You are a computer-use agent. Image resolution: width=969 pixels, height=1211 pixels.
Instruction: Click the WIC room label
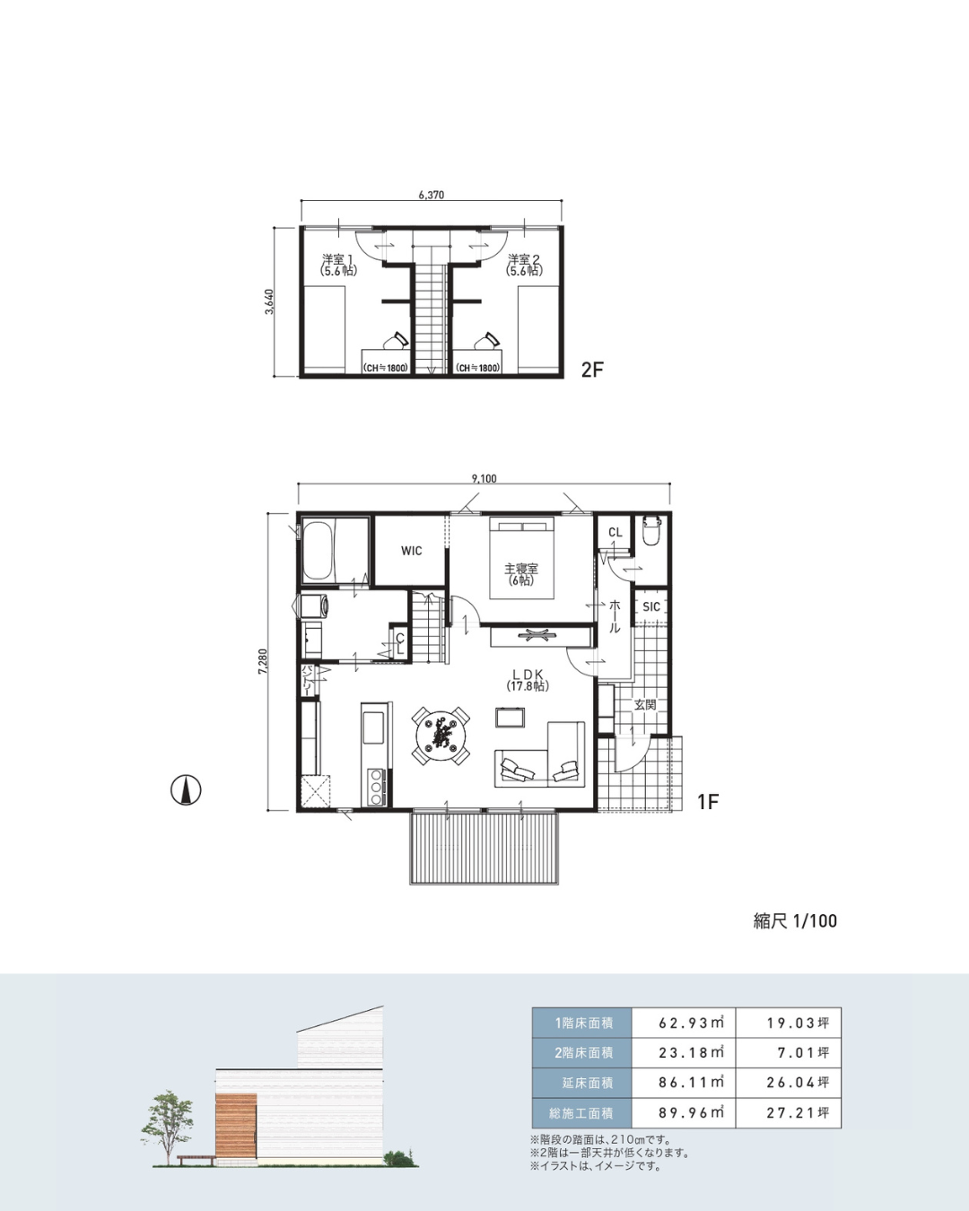pos(411,551)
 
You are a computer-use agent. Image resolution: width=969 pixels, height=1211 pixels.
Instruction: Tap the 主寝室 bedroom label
pos(520,569)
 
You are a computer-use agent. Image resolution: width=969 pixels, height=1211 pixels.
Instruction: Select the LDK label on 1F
pos(527,675)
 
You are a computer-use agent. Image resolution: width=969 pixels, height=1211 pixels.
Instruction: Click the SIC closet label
pos(650,607)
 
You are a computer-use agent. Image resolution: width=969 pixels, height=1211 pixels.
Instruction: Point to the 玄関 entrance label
pos(645,704)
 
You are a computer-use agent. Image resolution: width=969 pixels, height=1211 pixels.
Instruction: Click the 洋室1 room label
pos(338,259)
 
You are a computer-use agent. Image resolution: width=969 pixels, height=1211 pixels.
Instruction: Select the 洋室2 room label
pos(524,259)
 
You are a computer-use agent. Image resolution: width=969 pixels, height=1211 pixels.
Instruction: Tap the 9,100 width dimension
pos(484,479)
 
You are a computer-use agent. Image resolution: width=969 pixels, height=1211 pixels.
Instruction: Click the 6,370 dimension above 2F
pos(432,196)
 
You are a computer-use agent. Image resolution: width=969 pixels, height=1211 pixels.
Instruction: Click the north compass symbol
pos(186,790)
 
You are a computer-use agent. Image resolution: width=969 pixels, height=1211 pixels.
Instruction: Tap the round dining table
pos(441,736)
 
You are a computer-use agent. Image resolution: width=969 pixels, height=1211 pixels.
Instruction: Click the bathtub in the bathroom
pos(318,552)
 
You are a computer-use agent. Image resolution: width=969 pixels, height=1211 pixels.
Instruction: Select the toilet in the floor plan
pos(650,530)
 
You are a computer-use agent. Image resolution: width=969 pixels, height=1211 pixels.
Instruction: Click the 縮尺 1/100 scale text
pos(795,921)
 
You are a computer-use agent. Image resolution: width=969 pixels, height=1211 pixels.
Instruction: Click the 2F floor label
pos(592,370)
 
